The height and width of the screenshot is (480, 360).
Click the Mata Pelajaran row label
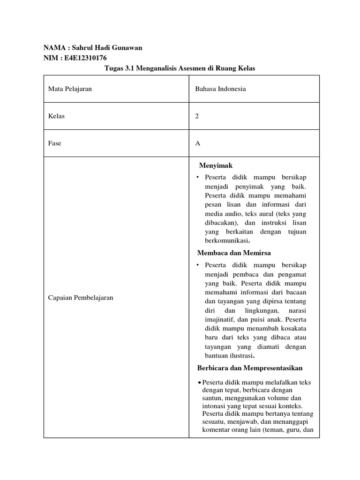70,89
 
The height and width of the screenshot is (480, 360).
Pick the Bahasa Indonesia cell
220,89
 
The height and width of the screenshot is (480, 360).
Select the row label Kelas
56,116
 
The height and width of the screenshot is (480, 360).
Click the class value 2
197,116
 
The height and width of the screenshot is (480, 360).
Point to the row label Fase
55,143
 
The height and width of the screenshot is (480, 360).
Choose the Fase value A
198,143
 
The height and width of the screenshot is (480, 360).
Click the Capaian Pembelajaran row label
81,298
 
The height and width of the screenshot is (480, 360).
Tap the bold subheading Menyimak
216,165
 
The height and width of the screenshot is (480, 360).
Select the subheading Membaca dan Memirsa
234,253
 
